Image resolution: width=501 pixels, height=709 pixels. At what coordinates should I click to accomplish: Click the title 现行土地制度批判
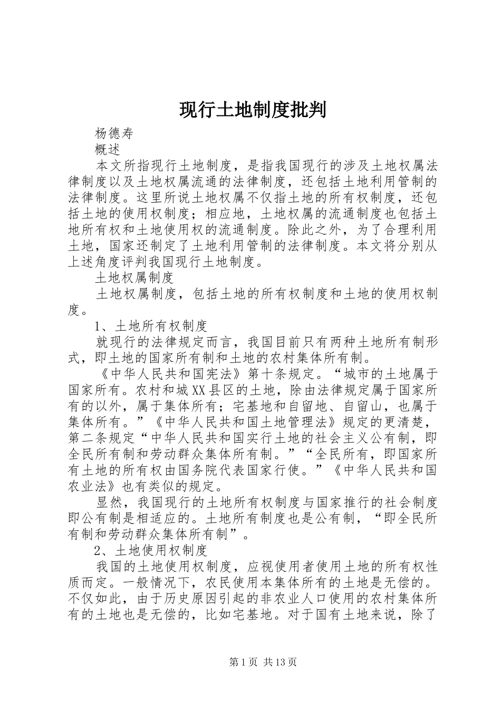coord(253,110)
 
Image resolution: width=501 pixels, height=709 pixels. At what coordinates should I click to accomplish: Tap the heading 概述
coord(108,149)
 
